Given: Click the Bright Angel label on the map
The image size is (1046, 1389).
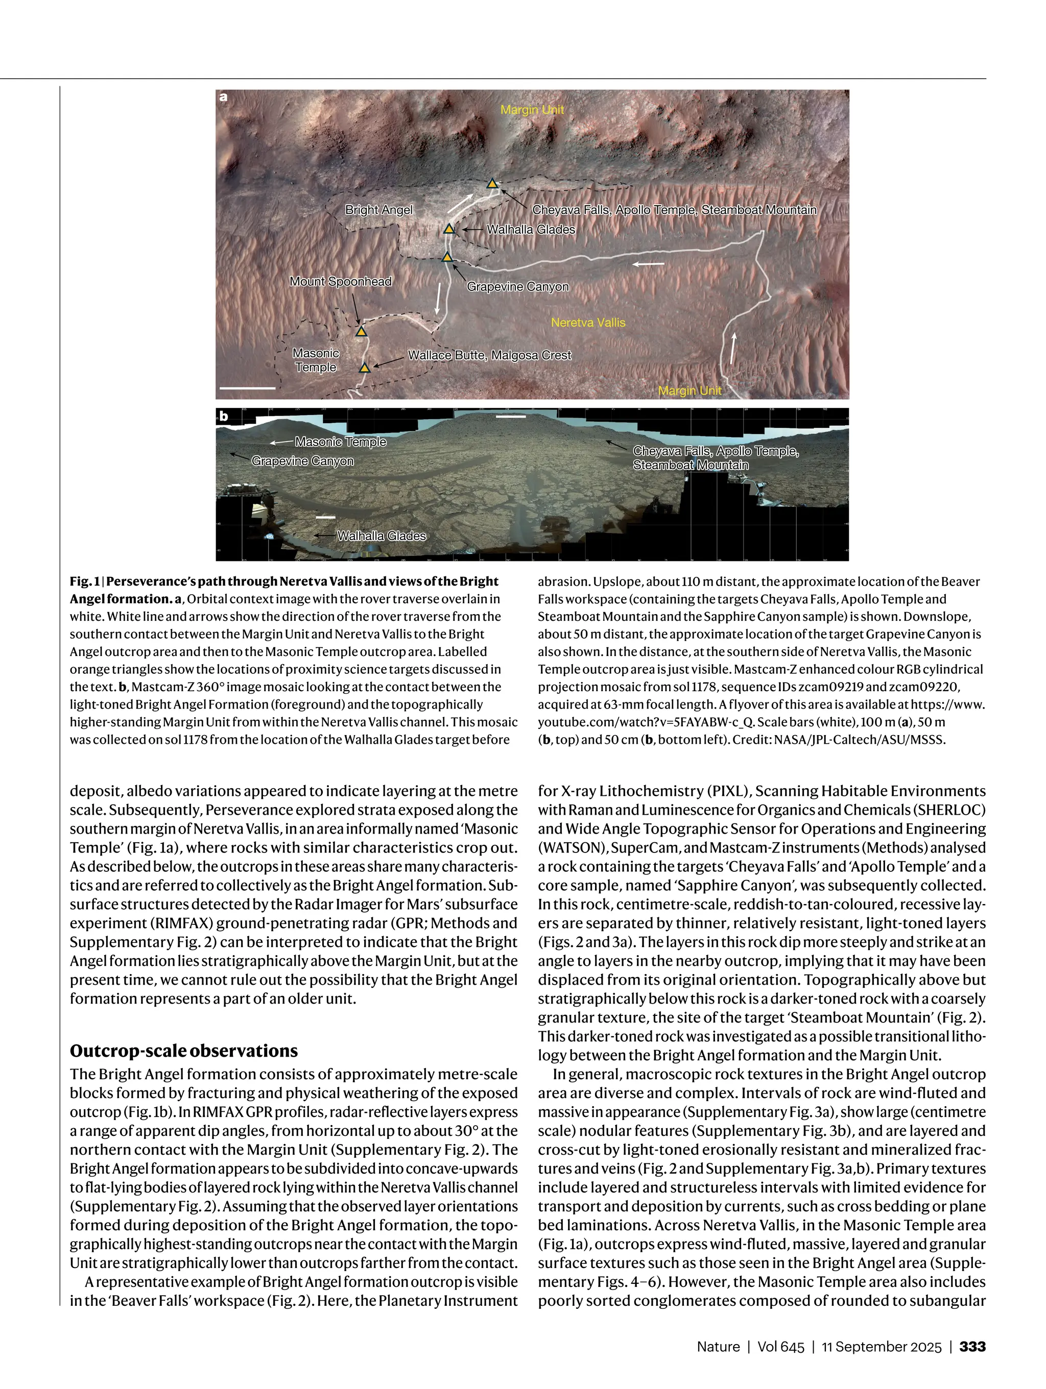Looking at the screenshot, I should (379, 210).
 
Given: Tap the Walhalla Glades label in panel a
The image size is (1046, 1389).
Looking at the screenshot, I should (531, 229).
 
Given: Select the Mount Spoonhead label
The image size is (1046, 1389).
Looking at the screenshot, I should (340, 281).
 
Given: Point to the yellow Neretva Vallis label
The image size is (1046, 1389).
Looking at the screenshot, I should (588, 322).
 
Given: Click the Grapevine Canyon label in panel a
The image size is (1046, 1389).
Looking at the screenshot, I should (518, 286).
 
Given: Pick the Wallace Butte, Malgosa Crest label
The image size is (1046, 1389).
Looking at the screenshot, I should (489, 355).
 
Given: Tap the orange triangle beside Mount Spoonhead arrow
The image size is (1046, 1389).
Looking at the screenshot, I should (361, 331).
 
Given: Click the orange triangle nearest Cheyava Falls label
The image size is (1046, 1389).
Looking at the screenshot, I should (492, 184).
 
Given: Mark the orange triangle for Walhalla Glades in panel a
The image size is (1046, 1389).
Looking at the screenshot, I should (449, 229).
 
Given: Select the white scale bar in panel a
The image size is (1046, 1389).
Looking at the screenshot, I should (248, 388).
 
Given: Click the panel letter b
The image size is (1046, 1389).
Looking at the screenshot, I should (224, 416).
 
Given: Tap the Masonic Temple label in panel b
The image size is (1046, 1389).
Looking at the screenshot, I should (341, 442).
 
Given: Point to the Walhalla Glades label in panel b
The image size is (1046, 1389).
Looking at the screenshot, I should (382, 535).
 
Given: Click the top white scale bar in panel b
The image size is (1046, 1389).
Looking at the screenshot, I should (510, 416).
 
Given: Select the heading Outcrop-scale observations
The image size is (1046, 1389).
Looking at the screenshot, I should (183, 1051).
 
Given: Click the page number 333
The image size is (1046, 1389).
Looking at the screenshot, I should (972, 1346).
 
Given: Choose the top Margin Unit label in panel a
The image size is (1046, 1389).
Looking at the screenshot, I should (532, 110).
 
